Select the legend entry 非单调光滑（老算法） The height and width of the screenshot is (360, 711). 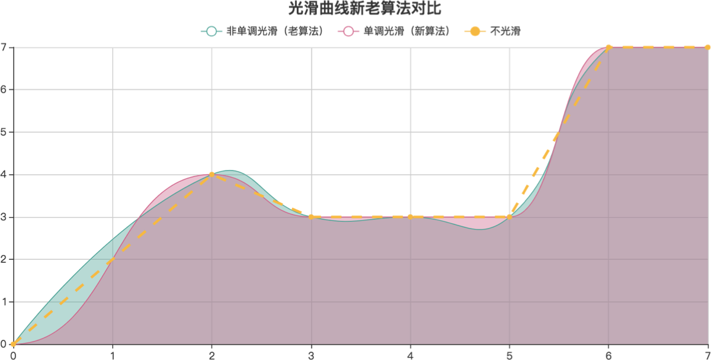click(x=264, y=31)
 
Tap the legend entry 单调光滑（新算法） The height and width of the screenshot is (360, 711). click(x=396, y=31)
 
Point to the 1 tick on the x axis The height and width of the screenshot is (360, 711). click(x=113, y=354)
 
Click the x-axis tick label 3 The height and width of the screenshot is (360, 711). click(x=311, y=354)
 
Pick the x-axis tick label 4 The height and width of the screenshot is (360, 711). click(x=410, y=354)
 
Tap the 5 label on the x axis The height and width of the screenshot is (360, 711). click(x=510, y=354)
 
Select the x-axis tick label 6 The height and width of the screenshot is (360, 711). click(x=608, y=354)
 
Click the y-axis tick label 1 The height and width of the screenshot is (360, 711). click(x=4, y=302)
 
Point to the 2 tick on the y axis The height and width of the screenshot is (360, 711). click(x=4, y=259)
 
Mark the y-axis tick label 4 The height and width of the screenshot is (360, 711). click(x=4, y=175)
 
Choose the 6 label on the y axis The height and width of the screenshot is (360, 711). click(x=4, y=90)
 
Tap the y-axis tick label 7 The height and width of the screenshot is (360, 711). click(x=4, y=47)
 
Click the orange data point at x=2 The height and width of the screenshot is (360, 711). click(x=212, y=174)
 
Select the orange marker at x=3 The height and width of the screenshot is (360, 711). click(x=311, y=217)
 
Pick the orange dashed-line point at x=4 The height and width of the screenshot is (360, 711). click(x=410, y=217)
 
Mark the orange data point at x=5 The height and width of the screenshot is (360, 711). click(x=510, y=217)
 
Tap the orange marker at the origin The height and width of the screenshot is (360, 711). click(x=13, y=344)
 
